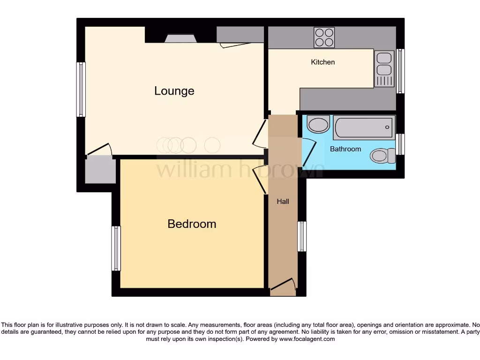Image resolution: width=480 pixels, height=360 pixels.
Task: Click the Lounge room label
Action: coord(174,91)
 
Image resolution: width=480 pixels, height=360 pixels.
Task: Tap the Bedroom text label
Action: coord(192,224)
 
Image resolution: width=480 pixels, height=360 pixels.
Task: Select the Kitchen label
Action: coord(323,62)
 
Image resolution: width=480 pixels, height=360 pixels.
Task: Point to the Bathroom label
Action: coord(345,149)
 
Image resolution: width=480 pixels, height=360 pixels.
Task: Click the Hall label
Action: coord(283,202)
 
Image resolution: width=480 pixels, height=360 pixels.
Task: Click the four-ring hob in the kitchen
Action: coord(324,37)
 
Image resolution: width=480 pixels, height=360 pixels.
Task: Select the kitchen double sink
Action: coord(384,69)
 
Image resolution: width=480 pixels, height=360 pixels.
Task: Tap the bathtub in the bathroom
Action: coord(364,127)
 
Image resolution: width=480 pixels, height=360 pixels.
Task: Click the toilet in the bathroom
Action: coord(382,155)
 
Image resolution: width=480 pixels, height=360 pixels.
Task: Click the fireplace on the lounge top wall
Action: coord(180,38)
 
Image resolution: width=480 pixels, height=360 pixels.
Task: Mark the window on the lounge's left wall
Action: coord(81,89)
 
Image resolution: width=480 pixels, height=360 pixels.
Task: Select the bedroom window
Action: coord(116,248)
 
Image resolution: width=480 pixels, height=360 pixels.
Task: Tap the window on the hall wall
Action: coord(302,236)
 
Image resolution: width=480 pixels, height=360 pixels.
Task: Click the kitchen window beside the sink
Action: coord(400,71)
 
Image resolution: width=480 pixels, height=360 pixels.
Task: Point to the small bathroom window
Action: coord(400,144)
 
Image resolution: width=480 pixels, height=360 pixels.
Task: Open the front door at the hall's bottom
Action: coord(283,287)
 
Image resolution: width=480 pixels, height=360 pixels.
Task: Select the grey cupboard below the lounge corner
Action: coord(100,170)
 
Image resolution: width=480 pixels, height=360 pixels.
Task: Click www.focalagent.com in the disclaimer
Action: coord(307,339)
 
